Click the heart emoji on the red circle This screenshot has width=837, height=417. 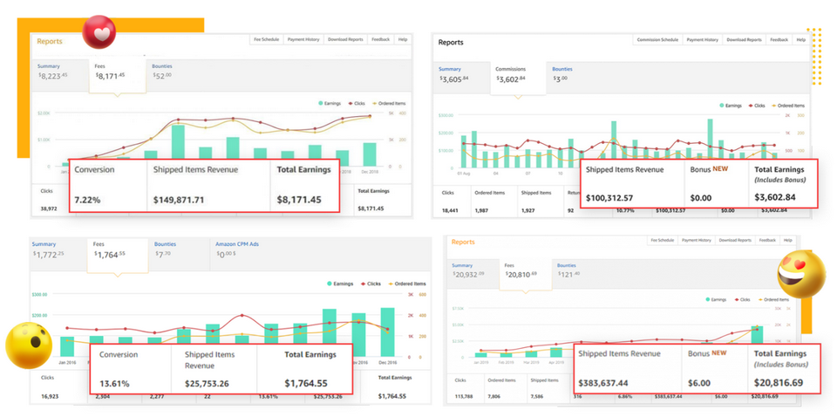click(x=102, y=32)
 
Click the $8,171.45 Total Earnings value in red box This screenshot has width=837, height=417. click(x=299, y=200)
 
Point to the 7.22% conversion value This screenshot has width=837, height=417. click(x=87, y=200)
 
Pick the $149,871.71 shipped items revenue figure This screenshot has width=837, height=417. click(x=179, y=200)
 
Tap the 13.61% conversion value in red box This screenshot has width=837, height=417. click(x=113, y=383)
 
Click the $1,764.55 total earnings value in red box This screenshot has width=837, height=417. click(x=306, y=383)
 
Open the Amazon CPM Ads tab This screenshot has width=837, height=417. click(x=237, y=250)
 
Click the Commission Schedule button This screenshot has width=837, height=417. click(x=657, y=39)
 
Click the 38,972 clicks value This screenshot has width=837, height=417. click(x=49, y=208)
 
